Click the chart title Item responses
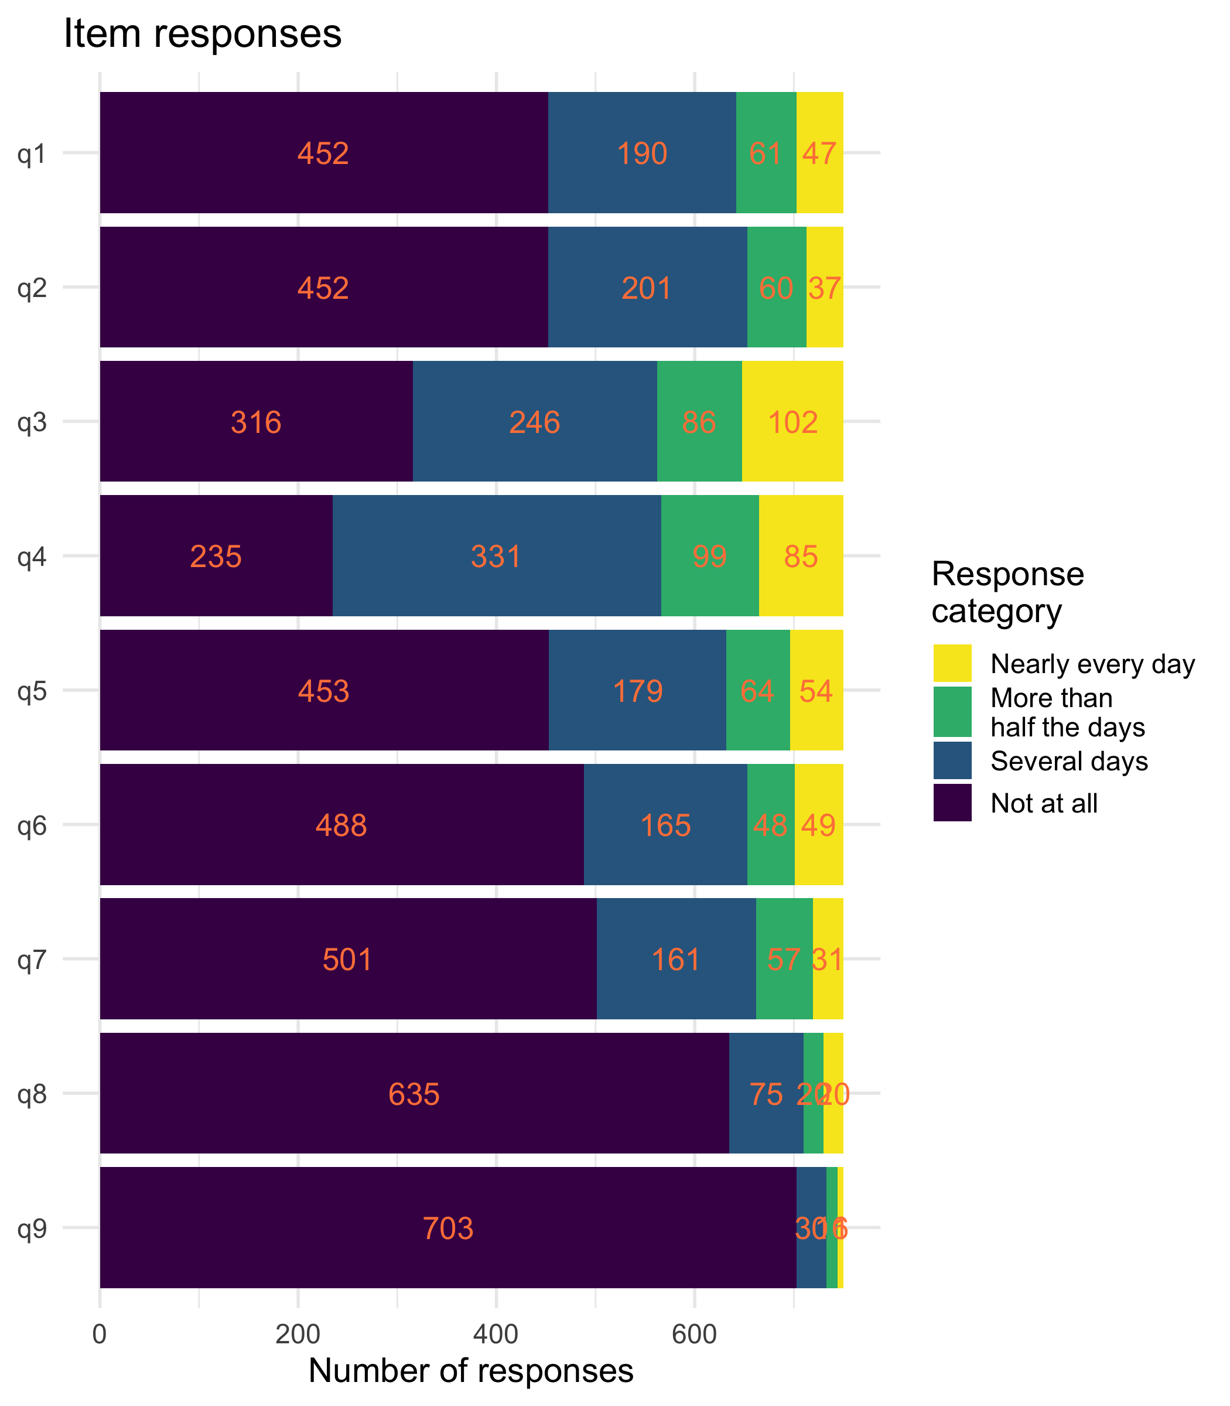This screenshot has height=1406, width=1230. (x=203, y=35)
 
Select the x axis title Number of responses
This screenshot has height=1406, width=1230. (x=471, y=1370)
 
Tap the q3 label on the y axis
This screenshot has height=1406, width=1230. (x=32, y=422)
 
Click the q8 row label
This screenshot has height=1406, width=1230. (x=32, y=1093)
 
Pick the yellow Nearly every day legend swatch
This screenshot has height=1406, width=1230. (x=952, y=663)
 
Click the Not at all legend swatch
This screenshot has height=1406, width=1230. (x=952, y=803)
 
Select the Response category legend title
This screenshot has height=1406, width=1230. (x=1007, y=592)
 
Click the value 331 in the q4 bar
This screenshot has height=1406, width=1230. (x=496, y=556)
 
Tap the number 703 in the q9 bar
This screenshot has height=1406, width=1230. (x=447, y=1228)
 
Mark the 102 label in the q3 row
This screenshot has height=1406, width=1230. (x=793, y=422)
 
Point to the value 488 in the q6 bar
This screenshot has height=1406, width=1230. (x=341, y=825)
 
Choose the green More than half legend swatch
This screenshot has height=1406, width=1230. (x=952, y=711)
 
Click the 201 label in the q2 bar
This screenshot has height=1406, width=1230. (x=647, y=288)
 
